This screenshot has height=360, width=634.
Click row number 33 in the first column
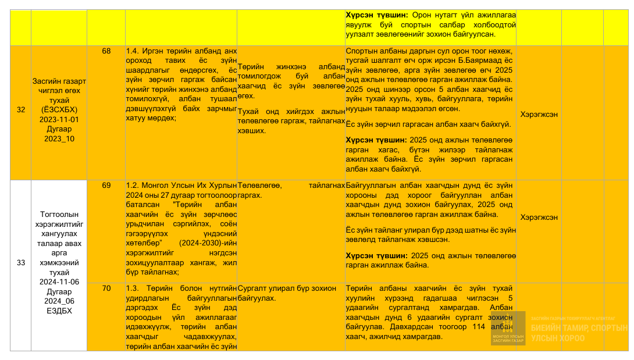[x=21, y=263]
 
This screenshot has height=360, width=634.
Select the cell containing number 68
[x=106, y=51]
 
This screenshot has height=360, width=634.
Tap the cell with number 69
[x=106, y=186]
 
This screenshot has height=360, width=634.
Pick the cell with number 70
[x=106, y=288]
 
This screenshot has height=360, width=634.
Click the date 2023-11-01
[x=59, y=119]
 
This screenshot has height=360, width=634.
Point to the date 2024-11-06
[x=59, y=282]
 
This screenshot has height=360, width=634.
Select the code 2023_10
[x=59, y=139]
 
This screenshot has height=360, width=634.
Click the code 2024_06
[x=59, y=301]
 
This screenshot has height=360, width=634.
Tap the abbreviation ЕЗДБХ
[x=59, y=311]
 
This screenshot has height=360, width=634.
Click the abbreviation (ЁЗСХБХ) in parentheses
[x=59, y=110]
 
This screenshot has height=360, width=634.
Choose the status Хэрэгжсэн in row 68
[x=539, y=114]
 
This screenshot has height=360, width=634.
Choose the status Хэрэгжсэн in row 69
[x=539, y=217]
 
